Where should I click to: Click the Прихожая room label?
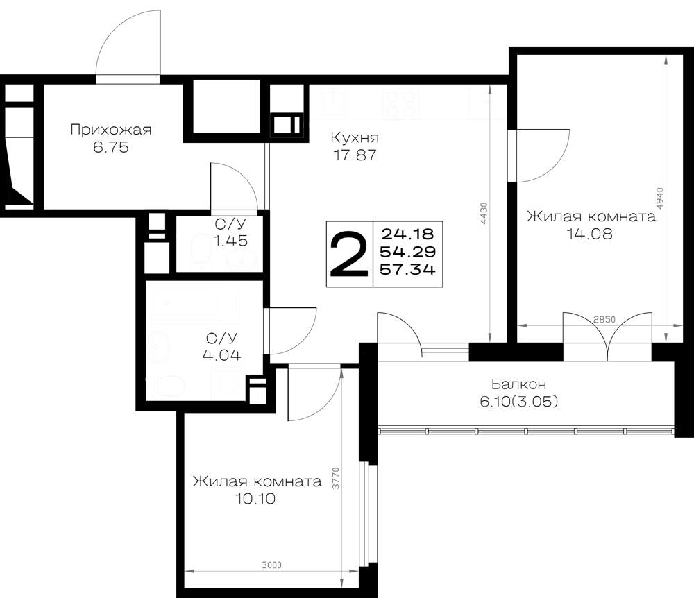[x=110, y=130]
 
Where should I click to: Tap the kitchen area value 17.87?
[x=355, y=155]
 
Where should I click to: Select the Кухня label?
[x=355, y=138]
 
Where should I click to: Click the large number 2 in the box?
[x=349, y=255]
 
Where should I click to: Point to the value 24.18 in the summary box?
[x=407, y=234]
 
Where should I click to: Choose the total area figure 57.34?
[x=407, y=269]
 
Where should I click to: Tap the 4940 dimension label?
[x=659, y=198]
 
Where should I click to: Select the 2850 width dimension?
[x=604, y=319]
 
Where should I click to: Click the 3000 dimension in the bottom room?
[x=271, y=565]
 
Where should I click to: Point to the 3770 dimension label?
[x=336, y=478]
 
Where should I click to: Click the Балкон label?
[x=518, y=384]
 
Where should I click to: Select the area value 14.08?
[x=590, y=234]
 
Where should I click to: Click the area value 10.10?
[x=255, y=499]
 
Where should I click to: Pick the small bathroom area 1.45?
[x=230, y=241]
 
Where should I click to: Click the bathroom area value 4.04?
[x=222, y=354]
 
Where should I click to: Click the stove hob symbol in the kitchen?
[x=400, y=104]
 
